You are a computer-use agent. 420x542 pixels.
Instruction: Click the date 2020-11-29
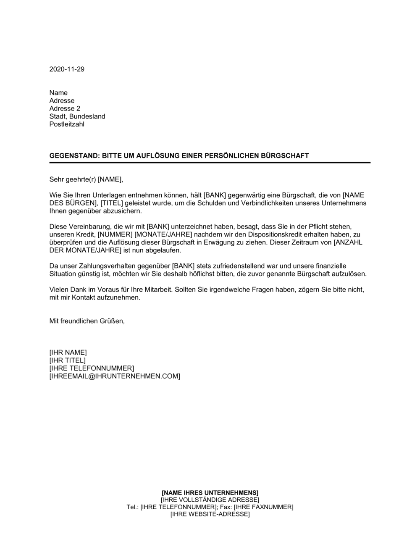67,69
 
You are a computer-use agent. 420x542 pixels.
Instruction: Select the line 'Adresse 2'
65,108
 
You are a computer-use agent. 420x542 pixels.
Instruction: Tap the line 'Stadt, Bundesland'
77,116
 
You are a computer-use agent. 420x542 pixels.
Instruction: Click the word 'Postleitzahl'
67,124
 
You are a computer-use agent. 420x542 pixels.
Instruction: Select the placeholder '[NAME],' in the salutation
110,179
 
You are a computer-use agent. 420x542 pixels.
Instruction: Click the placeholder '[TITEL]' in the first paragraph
113,203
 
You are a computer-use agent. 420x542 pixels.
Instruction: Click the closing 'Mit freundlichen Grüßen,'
87,321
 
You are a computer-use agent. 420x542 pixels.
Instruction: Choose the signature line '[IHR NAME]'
68,353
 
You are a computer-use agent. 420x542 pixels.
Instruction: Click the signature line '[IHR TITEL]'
68,360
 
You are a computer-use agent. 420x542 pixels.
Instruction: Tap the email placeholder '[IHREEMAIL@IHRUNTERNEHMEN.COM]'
115,376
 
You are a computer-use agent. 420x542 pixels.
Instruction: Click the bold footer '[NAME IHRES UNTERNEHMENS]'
210,492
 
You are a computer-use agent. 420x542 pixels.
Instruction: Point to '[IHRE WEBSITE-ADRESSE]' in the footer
210,514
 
